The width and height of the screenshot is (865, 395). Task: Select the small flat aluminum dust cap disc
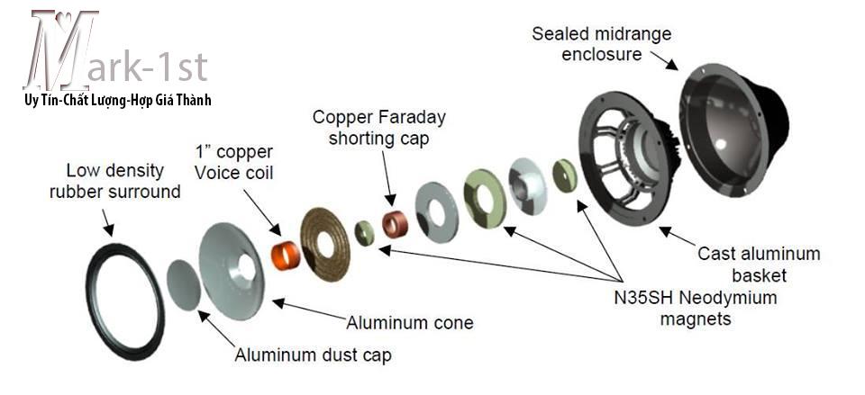click(183, 285)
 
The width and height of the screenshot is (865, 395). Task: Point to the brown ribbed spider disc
click(325, 244)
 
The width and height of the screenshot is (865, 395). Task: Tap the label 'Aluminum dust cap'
click(313, 355)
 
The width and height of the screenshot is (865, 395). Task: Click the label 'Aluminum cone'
click(409, 322)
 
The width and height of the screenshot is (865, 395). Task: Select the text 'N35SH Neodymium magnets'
click(696, 308)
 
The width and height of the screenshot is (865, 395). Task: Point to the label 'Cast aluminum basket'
click(759, 265)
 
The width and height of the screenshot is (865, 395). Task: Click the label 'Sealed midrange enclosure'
click(601, 44)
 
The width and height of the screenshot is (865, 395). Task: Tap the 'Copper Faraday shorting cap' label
click(379, 127)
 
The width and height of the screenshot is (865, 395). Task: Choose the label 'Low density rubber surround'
click(114, 181)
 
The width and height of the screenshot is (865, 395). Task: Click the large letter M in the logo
click(60, 49)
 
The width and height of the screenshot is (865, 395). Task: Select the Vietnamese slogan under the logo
click(117, 101)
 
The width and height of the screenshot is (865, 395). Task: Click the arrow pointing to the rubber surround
click(107, 221)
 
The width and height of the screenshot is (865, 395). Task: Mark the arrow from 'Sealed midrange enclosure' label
click(664, 60)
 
